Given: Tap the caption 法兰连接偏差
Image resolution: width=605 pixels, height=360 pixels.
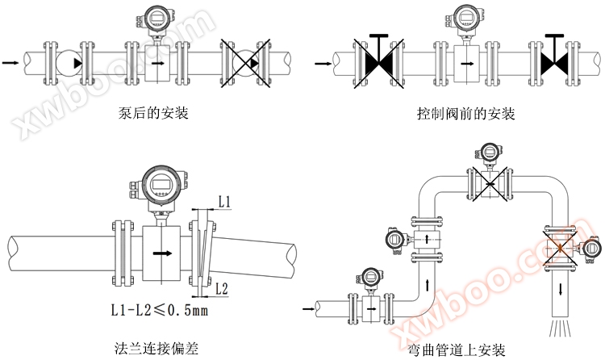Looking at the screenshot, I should click(156, 348).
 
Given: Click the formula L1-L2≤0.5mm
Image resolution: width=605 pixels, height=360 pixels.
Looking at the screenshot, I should click(159, 310).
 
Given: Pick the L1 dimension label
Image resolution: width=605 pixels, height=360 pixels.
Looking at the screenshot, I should click(226, 200).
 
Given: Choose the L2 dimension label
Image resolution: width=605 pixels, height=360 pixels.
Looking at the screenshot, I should click(225, 288).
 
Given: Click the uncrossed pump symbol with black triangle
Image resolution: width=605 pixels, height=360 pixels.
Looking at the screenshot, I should click(70, 62).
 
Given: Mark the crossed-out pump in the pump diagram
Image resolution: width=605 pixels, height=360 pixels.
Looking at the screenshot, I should click(245, 62).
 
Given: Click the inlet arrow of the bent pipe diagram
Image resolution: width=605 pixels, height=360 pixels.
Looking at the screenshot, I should click(307, 308).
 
